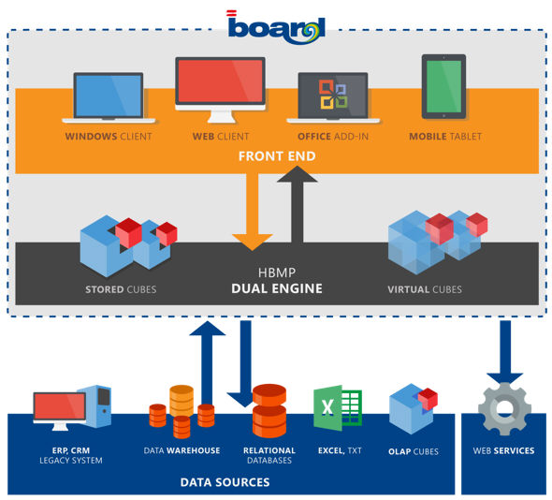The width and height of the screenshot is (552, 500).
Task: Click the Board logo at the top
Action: (276, 28)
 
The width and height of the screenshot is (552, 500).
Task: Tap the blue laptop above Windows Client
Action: (109, 97)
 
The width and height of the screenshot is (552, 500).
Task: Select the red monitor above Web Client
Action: (221, 90)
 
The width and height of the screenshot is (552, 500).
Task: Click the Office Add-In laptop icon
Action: (333, 97)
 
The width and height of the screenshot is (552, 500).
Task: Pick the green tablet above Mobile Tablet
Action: (443, 86)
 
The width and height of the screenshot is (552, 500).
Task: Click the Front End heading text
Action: (277, 156)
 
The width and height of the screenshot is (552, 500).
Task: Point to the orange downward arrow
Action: (252, 212)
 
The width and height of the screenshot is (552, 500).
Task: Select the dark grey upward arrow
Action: (298, 204)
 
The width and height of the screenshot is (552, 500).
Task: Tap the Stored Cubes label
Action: (121, 289)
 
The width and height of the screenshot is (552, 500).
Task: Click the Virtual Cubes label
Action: (425, 289)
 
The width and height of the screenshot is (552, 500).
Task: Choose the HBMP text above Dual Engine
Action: (277, 272)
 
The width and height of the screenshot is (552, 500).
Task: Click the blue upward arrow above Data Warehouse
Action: (208, 363)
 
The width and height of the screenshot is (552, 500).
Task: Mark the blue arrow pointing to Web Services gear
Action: (505, 352)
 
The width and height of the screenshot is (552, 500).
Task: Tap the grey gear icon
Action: (505, 409)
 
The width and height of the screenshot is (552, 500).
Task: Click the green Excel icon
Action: (337, 407)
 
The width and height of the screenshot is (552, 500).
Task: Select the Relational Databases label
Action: (269, 455)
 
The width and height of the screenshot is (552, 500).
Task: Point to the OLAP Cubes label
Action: (414, 451)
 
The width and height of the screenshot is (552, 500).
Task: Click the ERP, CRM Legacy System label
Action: (71, 455)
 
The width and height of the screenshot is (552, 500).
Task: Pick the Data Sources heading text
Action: (225, 482)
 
